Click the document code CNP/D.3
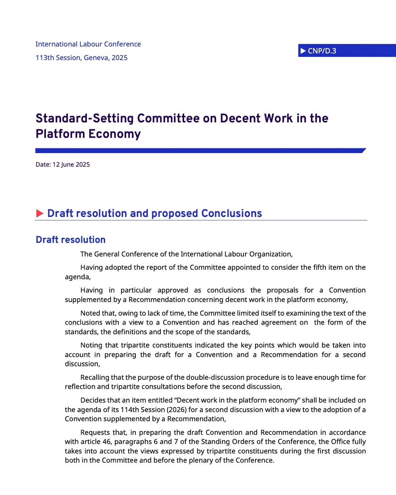(x=322, y=51)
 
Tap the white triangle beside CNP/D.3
(x=303, y=51)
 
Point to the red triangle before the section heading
(x=40, y=213)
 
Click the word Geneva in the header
(x=96, y=57)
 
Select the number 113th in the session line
(x=45, y=57)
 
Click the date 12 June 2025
(x=71, y=164)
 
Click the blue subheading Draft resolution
(x=70, y=240)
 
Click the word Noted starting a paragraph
(x=90, y=313)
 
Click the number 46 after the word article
(x=107, y=442)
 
